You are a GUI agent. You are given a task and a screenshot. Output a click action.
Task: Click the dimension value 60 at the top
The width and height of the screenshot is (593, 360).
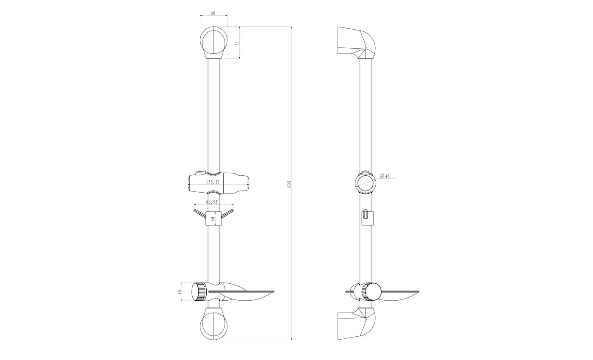click(213, 13)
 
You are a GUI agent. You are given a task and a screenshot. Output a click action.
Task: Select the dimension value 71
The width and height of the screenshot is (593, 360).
click(238, 43)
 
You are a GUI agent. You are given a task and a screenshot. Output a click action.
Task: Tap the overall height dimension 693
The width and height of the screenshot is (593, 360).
click(289, 184)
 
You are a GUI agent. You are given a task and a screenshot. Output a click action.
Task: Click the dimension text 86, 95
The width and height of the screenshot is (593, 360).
click(212, 202)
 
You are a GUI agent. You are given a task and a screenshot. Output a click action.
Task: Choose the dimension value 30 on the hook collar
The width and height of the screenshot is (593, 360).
click(213, 219)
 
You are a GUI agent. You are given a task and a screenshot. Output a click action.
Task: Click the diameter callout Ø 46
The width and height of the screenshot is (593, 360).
click(385, 176)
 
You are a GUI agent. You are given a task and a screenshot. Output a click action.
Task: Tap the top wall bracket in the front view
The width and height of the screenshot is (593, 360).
click(213, 42)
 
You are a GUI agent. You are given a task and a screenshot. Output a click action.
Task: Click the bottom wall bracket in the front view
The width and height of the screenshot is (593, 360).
click(213, 324)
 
